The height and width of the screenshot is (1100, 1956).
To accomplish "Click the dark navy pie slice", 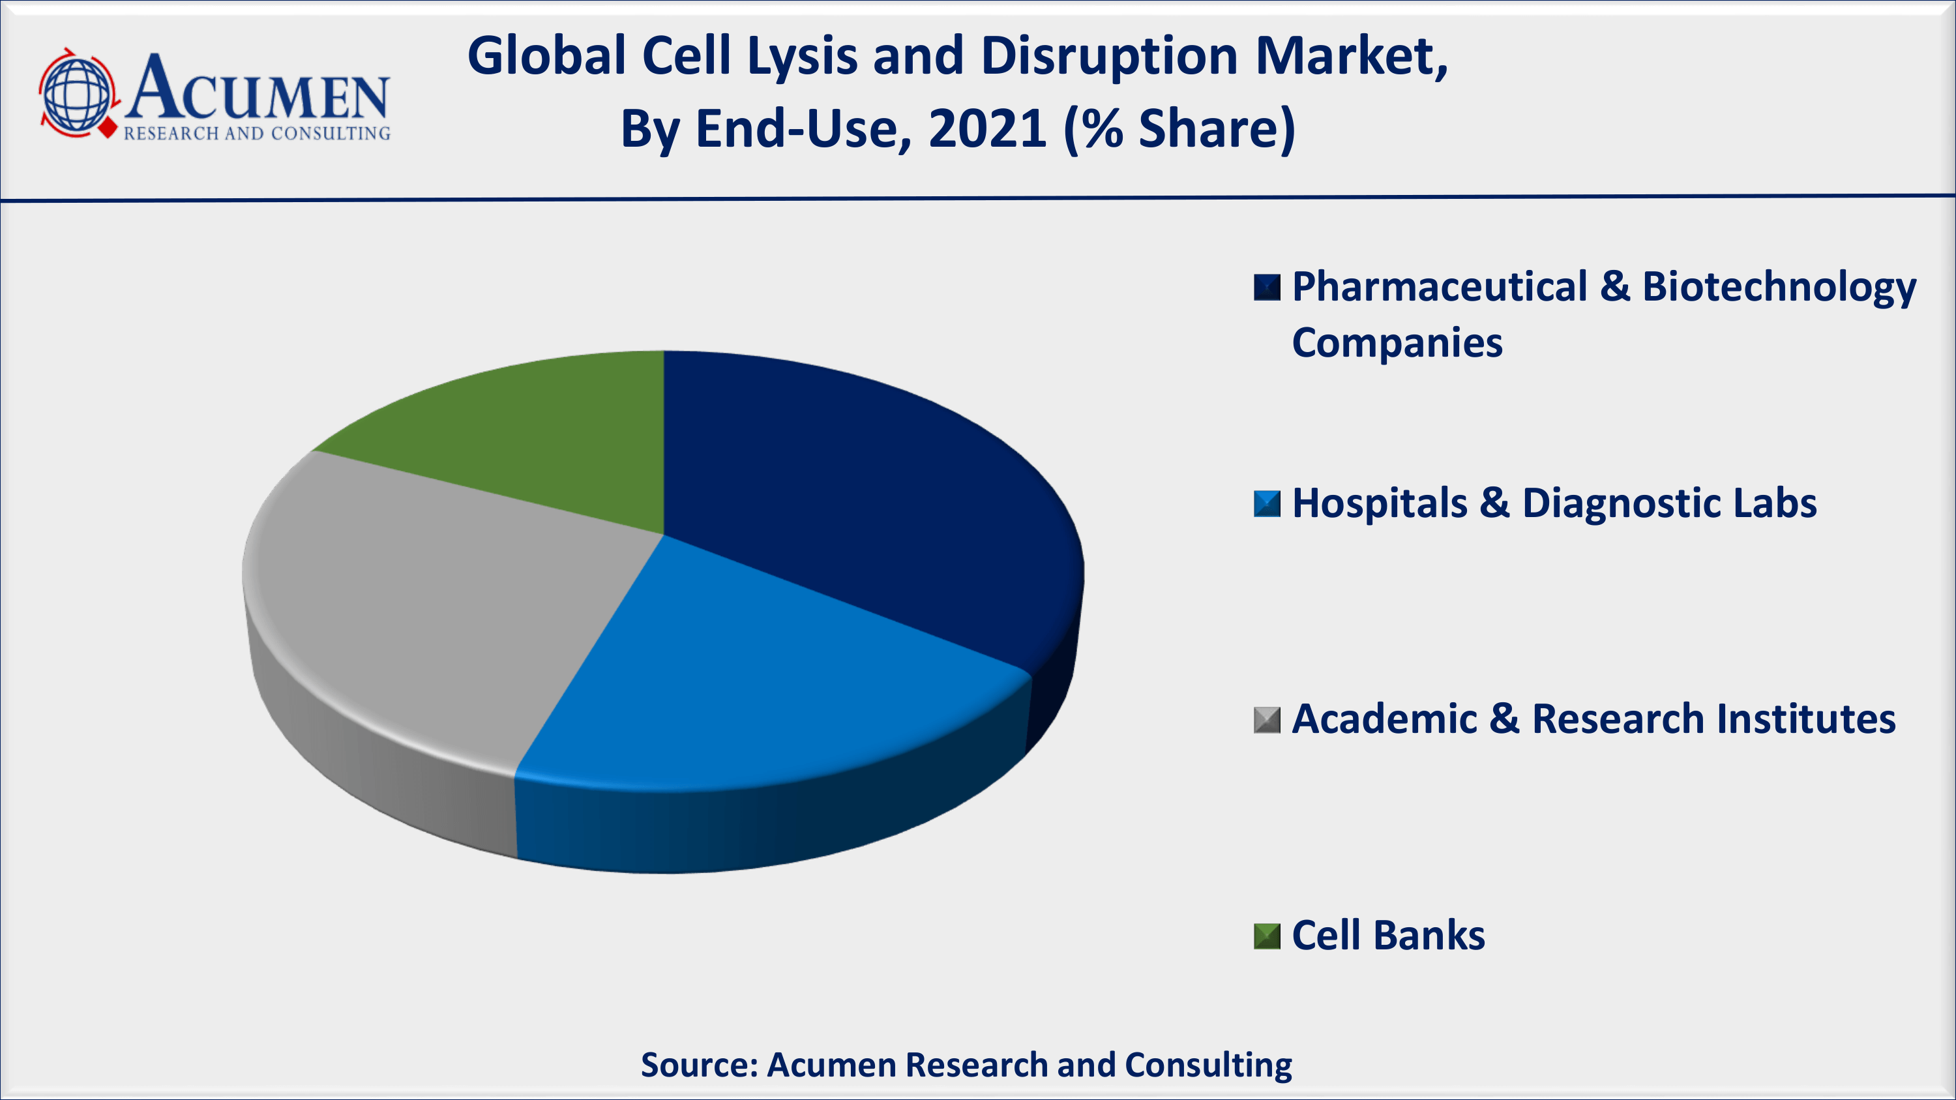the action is click(x=858, y=494).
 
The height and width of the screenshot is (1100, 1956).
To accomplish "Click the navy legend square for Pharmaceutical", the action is click(x=1267, y=288).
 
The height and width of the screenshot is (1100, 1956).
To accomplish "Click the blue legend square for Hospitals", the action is click(x=1267, y=504).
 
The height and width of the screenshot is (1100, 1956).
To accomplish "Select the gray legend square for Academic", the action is click(x=1267, y=720).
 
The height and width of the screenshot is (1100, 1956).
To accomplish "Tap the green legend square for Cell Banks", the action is click(x=1267, y=936).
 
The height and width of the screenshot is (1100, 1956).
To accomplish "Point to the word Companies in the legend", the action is click(x=1397, y=342).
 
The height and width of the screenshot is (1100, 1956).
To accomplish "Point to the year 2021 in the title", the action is click(x=988, y=128).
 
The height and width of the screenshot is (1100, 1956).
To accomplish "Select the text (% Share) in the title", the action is click(x=1180, y=129).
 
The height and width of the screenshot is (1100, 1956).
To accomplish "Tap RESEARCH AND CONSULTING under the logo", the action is click(x=258, y=134).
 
